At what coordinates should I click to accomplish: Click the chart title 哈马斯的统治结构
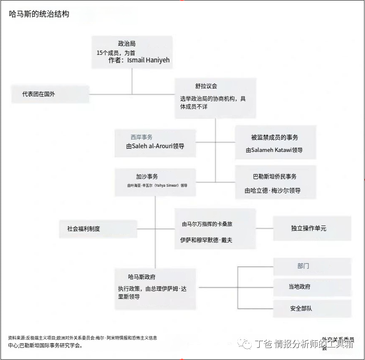pyautogui.click(x=39, y=14)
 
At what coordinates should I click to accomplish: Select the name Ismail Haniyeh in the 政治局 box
pyautogui.click(x=148, y=60)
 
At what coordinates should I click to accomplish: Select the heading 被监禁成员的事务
pyautogui.click(x=274, y=137)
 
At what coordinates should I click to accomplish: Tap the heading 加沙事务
pyautogui.click(x=147, y=177)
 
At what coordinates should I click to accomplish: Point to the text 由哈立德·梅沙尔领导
pyautogui.click(x=273, y=190)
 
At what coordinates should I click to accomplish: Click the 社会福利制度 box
pyautogui.click(x=84, y=229)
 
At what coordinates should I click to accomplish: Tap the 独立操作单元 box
pyautogui.click(x=309, y=229)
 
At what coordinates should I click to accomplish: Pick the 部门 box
pyautogui.click(x=303, y=266)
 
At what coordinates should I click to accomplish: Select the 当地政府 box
pyautogui.click(x=299, y=287)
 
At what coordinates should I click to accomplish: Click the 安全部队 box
pyautogui.click(x=301, y=309)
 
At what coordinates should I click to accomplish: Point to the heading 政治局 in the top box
pyautogui.click(x=127, y=44)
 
